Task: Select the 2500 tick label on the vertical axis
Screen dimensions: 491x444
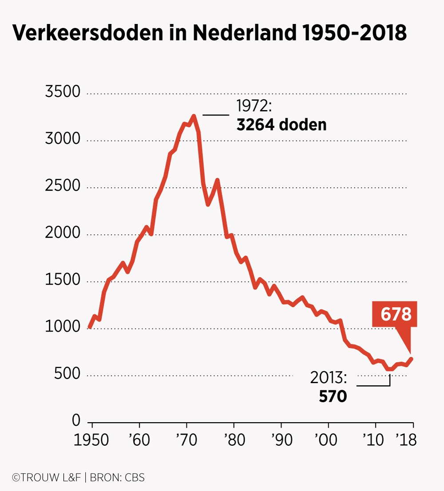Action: (63, 186)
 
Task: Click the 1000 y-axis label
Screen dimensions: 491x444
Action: (63, 327)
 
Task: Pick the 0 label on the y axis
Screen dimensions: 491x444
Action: (76, 420)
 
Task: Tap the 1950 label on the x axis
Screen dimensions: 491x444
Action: (92, 441)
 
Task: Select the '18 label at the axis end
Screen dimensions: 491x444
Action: (407, 441)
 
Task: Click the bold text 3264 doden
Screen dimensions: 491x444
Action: (281, 125)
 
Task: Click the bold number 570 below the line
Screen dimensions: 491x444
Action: (333, 396)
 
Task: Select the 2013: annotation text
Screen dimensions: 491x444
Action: (328, 378)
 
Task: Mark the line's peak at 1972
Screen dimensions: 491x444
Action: (194, 116)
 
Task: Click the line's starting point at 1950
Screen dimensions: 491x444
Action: (90, 327)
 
